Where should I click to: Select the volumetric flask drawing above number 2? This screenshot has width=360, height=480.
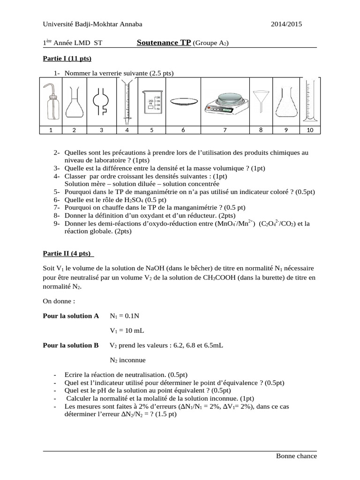tap(74, 102)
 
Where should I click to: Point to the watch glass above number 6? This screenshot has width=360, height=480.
tap(183, 101)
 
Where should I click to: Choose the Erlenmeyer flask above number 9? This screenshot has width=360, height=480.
tap(285, 102)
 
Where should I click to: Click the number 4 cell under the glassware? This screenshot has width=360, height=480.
tap(127, 130)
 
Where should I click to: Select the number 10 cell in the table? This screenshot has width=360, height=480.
tap(310, 130)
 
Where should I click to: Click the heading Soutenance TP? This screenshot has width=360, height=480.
tap(164, 43)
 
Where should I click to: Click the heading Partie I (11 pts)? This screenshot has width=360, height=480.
tap(67, 59)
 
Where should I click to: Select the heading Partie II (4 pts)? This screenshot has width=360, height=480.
tap(68, 254)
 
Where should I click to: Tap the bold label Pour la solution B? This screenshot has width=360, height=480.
tap(71, 345)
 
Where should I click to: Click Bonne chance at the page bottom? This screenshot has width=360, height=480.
tap(296, 456)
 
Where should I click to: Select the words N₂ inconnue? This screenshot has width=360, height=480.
tap(127, 360)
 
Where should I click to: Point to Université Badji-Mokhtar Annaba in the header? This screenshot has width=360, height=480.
tap(92, 24)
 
